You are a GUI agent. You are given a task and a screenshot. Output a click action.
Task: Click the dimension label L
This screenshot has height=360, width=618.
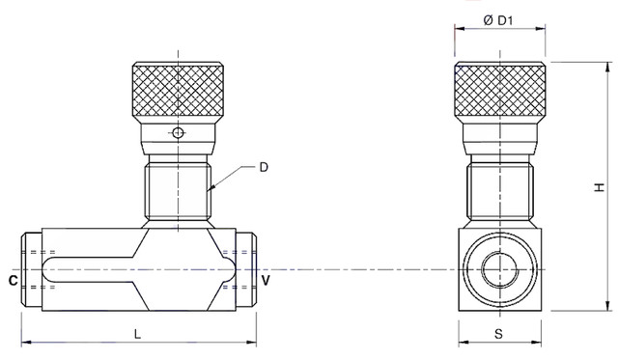pyautogui.click(x=137, y=334)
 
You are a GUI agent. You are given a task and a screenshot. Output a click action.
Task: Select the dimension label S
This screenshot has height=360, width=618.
pyautogui.click(x=499, y=334)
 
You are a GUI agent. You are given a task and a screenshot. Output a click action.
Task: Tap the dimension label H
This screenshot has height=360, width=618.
pyautogui.click(x=600, y=187)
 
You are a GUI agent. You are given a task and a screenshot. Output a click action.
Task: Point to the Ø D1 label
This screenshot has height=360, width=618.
pyautogui.click(x=498, y=20)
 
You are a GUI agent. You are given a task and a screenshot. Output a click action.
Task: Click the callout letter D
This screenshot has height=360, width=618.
pyautogui.click(x=264, y=167)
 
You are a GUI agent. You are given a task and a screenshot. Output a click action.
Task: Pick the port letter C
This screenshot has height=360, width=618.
pyautogui.click(x=13, y=281)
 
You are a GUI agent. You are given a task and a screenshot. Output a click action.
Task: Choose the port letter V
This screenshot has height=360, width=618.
pyautogui.click(x=267, y=281)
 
